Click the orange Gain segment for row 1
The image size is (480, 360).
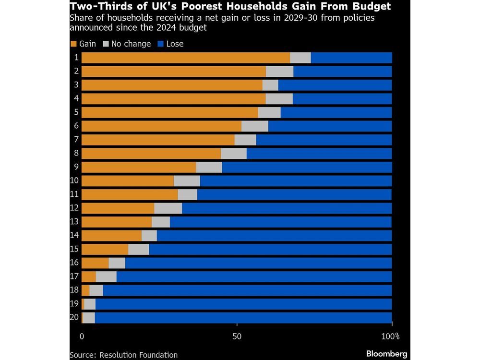click(186, 58)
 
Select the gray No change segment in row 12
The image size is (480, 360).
click(168, 208)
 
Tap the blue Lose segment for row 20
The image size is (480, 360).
click(243, 318)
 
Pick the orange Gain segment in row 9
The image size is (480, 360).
click(139, 167)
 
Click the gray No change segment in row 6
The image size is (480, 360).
click(255, 126)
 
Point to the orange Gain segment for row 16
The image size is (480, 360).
click(95, 263)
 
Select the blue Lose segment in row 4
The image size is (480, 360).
click(342, 99)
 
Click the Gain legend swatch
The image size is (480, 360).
click(73, 44)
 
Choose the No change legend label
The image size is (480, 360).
click(131, 44)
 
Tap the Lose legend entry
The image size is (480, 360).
click(174, 44)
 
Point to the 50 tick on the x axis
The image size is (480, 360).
click(237, 336)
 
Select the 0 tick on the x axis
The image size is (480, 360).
click(82, 336)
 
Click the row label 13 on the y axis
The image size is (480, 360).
click(74, 221)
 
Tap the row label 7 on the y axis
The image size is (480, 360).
click(76, 139)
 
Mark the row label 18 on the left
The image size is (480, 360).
click(74, 290)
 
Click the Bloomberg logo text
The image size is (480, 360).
click(386, 354)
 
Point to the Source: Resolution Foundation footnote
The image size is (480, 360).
click(123, 355)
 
